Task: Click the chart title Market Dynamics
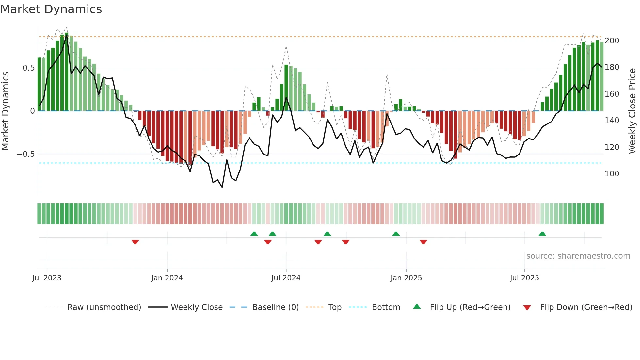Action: [x=51, y=9]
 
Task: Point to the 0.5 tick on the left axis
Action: [x=28, y=68]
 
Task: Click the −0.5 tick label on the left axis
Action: [x=26, y=154]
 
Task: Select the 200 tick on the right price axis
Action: [x=612, y=41]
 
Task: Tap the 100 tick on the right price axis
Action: [x=612, y=174]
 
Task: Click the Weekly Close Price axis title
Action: [x=632, y=111]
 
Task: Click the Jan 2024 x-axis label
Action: [x=167, y=278]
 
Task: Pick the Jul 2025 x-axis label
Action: [x=524, y=278]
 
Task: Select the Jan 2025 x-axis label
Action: [x=406, y=278]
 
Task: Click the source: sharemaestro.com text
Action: [x=578, y=256]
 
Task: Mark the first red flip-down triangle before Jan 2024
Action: [x=135, y=242]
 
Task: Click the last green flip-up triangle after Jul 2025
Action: [x=542, y=234]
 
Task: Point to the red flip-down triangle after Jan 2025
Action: [x=424, y=242]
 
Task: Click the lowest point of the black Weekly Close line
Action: [x=222, y=187]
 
